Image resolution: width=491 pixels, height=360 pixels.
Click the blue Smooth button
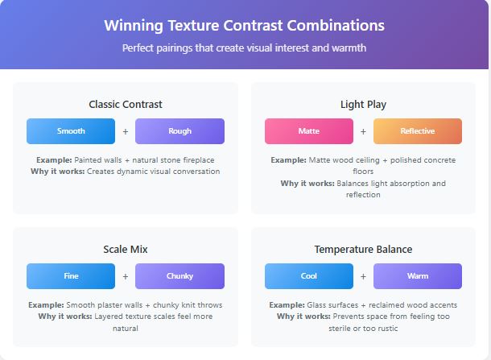coord(71,131)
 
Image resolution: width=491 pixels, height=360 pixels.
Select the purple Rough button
coord(179,131)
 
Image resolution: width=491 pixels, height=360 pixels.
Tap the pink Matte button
coord(309,131)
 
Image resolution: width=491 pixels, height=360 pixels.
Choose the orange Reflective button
coord(418,131)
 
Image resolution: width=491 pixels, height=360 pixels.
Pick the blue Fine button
coord(71,276)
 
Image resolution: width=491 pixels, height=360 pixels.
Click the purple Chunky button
coord(179,276)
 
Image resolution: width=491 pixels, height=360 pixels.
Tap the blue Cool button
coord(309,276)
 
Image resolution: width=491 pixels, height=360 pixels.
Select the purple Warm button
coord(418,276)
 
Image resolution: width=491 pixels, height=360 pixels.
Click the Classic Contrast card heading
coord(126,105)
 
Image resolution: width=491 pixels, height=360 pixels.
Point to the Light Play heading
coord(363,105)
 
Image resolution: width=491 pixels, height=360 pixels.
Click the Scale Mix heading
coord(126,250)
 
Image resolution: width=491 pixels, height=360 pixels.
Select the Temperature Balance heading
coord(363,250)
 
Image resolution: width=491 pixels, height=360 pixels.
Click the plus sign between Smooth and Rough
coord(126,131)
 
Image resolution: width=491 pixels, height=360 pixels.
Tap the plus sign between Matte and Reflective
coord(363,131)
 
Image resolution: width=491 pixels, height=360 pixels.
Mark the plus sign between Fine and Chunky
coord(126,276)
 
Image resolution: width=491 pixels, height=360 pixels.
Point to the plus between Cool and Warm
coord(363,276)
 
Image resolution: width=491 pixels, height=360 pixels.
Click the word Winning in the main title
coord(134,26)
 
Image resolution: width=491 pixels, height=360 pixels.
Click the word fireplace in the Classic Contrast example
coord(199,160)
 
